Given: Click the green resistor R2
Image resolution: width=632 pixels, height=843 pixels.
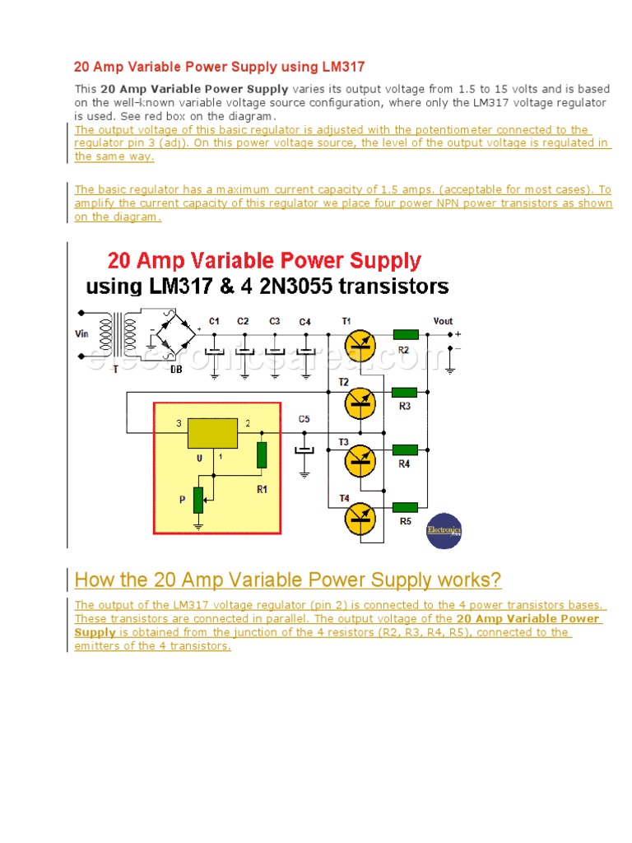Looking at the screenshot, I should tap(405, 334).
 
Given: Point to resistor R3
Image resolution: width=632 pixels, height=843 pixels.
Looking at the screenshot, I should tap(405, 393).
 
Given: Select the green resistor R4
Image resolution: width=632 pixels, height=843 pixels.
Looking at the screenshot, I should tap(405, 450).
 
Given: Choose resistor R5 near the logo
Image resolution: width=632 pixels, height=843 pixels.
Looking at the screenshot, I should tap(405, 508).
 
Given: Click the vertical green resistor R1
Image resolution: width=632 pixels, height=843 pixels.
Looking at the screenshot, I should tap(262, 454).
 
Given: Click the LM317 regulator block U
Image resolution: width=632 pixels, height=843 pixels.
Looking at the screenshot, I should tap(212, 433).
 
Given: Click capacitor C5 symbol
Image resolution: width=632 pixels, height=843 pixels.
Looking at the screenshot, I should tap(305, 449).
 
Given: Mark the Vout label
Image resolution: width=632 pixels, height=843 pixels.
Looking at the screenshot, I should tap(443, 321).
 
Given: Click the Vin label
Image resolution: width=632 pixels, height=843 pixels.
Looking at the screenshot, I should tap(82, 334).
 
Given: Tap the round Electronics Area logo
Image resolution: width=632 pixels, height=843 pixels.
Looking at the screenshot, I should tap(444, 532).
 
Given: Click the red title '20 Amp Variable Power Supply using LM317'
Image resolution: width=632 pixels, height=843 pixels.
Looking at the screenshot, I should tap(220, 67).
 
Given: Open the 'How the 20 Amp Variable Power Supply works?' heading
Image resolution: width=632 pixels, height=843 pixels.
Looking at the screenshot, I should tap(287, 580).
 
